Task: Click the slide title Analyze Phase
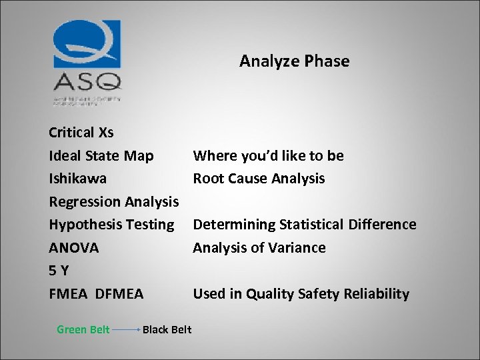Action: click(294, 61)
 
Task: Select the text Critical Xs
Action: click(81, 132)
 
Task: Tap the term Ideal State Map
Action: click(101, 155)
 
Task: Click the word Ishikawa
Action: click(77, 179)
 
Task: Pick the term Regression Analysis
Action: click(113, 201)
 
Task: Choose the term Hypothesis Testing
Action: click(111, 225)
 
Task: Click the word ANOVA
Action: click(73, 248)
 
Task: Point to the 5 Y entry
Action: click(59, 271)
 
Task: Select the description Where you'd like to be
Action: click(268, 155)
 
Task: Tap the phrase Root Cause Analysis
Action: click(259, 179)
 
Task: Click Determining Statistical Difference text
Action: click(304, 225)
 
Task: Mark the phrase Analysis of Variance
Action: click(259, 248)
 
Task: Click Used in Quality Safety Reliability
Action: click(301, 294)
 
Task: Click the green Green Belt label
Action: click(83, 329)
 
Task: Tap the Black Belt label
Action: click(167, 329)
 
